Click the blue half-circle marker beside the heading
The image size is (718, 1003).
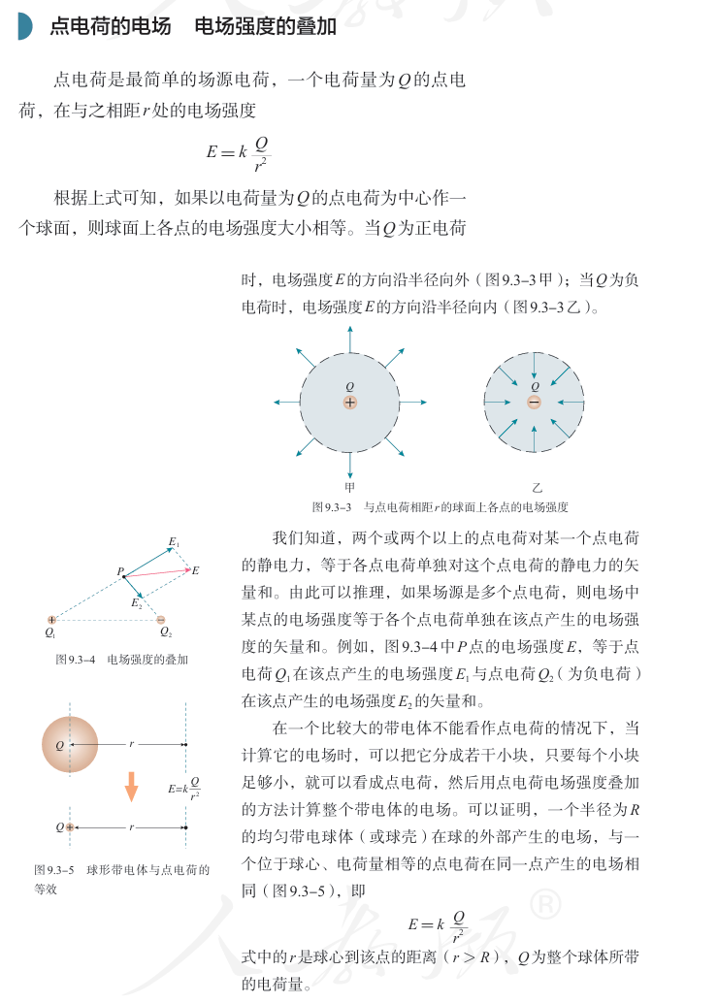pyautogui.click(x=24, y=27)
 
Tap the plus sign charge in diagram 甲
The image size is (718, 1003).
pyautogui.click(x=350, y=402)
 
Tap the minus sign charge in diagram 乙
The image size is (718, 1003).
pyautogui.click(x=535, y=402)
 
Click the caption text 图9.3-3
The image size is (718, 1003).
pyautogui.click(x=331, y=506)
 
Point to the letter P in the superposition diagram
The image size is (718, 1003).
pyautogui.click(x=121, y=573)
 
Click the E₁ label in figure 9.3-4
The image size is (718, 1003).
pyautogui.click(x=175, y=541)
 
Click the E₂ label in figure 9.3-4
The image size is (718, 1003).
pyautogui.click(x=137, y=603)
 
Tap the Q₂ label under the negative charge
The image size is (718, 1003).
pyautogui.click(x=166, y=633)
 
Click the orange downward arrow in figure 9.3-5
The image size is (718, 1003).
pyautogui.click(x=131, y=787)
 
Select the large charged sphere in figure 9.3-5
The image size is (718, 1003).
pyautogui.click(x=70, y=744)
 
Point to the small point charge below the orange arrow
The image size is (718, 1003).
pyautogui.click(x=70, y=827)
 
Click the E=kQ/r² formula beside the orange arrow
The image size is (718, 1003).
pyautogui.click(x=184, y=789)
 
